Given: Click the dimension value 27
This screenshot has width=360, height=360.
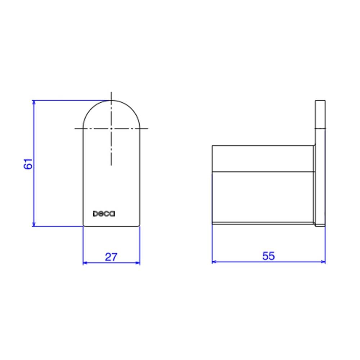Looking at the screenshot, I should coord(111,257).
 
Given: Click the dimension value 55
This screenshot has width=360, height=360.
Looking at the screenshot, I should coord(269,256).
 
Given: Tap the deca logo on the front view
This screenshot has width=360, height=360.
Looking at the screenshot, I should coord(104,214).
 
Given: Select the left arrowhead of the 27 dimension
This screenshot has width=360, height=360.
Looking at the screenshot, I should coord(85,263).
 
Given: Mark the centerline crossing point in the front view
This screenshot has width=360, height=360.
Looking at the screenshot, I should coord(112,129).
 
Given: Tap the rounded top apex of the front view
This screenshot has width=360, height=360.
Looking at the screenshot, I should coord(112,100).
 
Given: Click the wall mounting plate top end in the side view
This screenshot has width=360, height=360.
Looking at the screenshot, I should coord(320,101).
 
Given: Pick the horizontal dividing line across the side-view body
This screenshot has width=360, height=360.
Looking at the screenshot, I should coord(263,171).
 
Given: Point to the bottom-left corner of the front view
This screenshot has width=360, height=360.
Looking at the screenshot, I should coord(84,226).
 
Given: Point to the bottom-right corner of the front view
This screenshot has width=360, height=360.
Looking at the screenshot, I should coord(139,226).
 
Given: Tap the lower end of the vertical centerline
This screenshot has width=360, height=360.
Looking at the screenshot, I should coord(112,165).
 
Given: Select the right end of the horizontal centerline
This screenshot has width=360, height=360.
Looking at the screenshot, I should coord(148,129).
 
